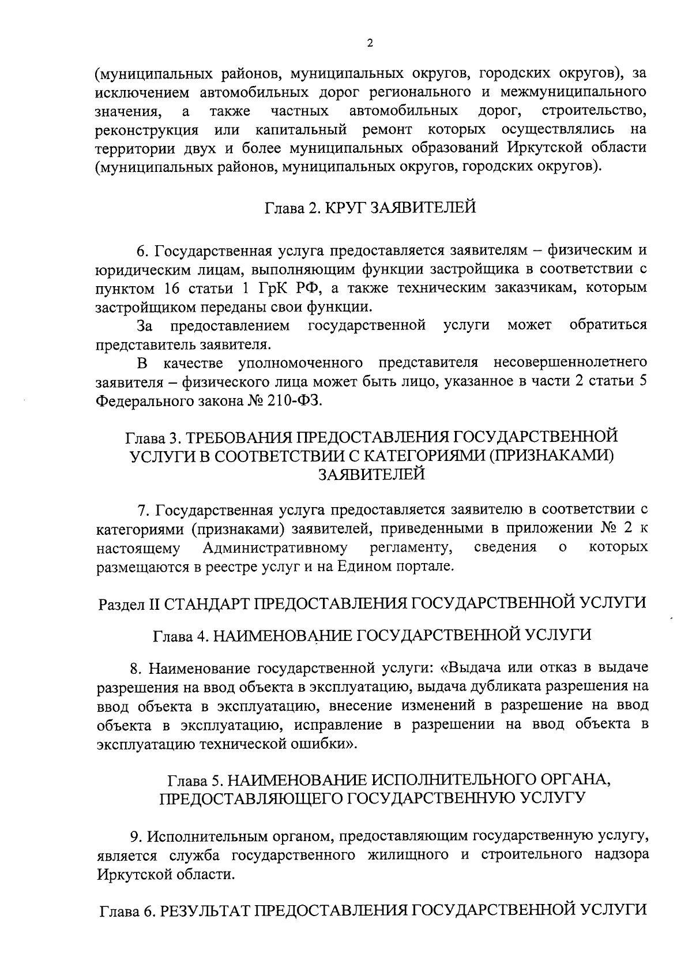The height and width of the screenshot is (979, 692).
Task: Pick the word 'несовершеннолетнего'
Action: (x=570, y=363)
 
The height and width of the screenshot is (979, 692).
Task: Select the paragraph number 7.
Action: (x=142, y=510)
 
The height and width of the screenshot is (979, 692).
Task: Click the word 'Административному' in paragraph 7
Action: (x=275, y=547)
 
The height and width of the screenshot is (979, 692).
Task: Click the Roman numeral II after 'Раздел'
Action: (x=153, y=603)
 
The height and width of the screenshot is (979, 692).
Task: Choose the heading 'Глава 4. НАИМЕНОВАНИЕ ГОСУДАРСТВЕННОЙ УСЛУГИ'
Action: (x=372, y=635)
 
